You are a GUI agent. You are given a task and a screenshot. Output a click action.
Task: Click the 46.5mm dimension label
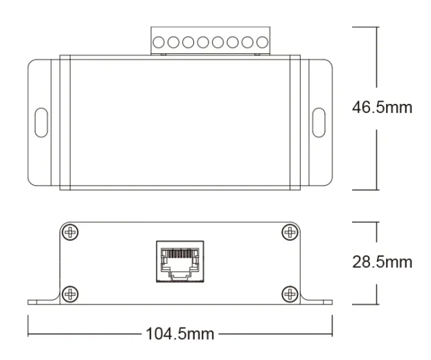click(x=382, y=107)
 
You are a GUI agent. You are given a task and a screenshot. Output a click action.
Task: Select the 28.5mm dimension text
click(x=382, y=262)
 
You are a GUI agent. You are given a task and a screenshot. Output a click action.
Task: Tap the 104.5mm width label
click(x=180, y=334)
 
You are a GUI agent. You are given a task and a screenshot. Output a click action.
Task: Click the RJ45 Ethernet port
click(x=180, y=262)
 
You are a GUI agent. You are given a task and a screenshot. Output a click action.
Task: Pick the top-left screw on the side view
click(x=71, y=233)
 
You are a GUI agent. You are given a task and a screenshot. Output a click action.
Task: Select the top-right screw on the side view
click(x=290, y=233)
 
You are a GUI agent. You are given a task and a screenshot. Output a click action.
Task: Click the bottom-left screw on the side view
click(x=71, y=294)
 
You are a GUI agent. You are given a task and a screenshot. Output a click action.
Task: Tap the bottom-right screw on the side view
click(x=290, y=294)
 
